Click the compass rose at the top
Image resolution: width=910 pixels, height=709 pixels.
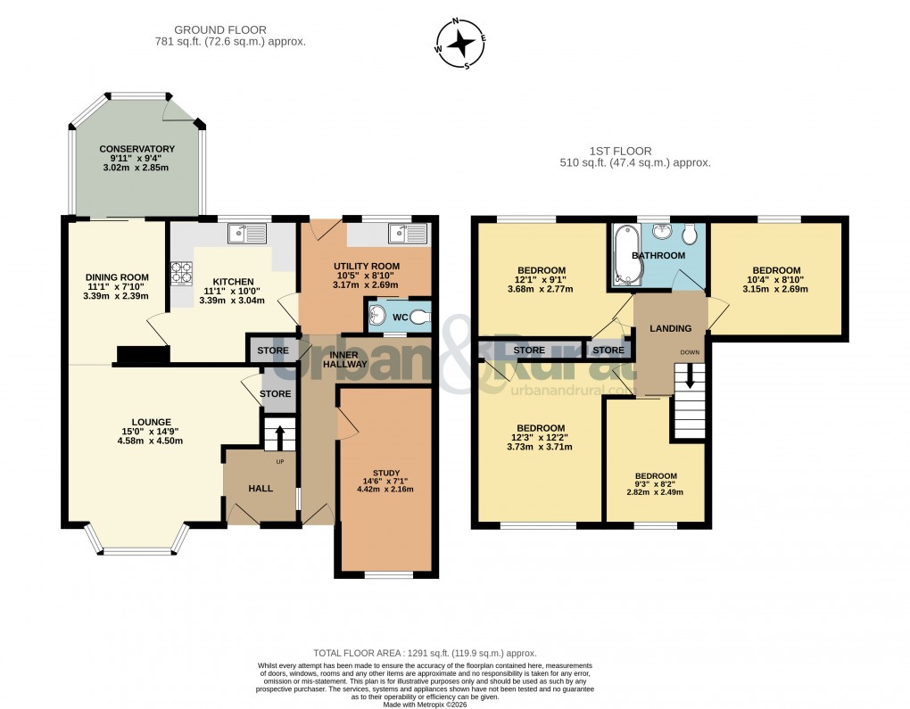tap(460, 42)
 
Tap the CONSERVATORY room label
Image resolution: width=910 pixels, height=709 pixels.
tap(136, 149)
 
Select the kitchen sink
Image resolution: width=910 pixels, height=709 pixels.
tap(247, 235)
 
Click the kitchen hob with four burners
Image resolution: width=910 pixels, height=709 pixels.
tap(182, 272)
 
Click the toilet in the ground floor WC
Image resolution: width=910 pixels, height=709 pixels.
tap(418, 316)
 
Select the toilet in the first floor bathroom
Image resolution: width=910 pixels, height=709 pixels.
tap(688, 234)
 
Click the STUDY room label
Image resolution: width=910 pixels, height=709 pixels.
tap(386, 473)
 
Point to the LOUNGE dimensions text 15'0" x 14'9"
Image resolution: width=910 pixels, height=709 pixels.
tap(150, 431)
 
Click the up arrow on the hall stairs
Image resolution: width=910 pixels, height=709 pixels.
tap(279, 438)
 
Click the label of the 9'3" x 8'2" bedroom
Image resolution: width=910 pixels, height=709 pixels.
tap(656, 475)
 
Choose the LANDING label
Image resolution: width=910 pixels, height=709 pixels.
tap(670, 329)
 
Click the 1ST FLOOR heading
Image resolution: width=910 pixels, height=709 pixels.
tap(620, 151)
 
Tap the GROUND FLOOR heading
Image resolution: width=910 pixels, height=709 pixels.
tap(219, 30)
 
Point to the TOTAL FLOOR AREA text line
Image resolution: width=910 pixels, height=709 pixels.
tap(425, 653)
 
